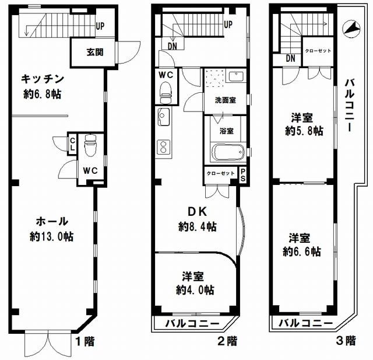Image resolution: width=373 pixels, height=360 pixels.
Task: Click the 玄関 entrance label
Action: (95, 52)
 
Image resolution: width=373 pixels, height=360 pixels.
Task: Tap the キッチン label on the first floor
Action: (43, 79)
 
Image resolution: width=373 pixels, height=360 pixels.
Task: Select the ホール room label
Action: (52, 222)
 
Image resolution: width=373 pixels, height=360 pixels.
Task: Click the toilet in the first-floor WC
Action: (90, 145)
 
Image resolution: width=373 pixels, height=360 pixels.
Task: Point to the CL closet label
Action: (72, 144)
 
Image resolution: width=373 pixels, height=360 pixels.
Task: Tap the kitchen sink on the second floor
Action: (164, 117)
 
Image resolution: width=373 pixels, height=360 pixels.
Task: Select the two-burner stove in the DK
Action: (164, 146)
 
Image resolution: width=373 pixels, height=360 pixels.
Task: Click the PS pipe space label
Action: (242, 175)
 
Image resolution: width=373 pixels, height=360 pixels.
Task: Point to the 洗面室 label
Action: (226, 100)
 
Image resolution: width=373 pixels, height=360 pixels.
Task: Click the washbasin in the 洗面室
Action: (235, 76)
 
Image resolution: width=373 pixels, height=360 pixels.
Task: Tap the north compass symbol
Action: (351, 29)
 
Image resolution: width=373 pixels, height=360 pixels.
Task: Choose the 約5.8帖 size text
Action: (304, 131)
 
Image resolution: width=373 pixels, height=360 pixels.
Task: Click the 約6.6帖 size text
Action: (302, 251)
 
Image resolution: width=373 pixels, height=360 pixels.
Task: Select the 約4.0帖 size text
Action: (195, 290)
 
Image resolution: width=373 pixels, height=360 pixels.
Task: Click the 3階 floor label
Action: (346, 341)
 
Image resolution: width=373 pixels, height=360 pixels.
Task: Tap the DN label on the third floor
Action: (290, 58)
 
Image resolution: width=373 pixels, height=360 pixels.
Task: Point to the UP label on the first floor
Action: (100, 26)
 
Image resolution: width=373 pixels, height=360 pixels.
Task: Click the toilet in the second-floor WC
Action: (166, 93)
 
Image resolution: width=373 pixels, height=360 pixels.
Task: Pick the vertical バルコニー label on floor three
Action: (350, 105)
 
